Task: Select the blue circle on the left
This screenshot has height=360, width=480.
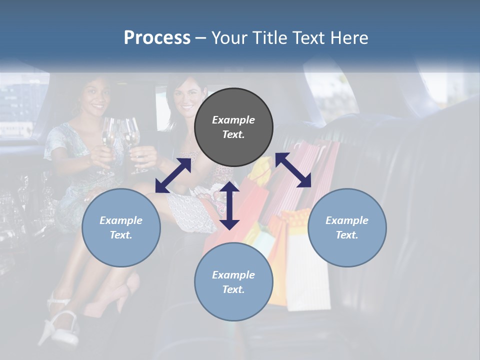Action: [121, 227]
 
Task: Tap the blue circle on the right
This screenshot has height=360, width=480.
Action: [347, 227]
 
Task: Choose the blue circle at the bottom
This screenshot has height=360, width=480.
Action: [233, 282]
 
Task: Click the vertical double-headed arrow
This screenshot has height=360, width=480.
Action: [229, 205]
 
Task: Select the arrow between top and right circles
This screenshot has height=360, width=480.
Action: [293, 170]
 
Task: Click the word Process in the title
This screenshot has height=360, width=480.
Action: [157, 37]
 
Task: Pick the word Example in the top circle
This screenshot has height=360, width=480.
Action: [233, 120]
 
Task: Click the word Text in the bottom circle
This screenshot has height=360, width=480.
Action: [233, 289]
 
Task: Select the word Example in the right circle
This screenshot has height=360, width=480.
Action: [347, 220]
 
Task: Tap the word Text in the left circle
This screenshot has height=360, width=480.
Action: [121, 235]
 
